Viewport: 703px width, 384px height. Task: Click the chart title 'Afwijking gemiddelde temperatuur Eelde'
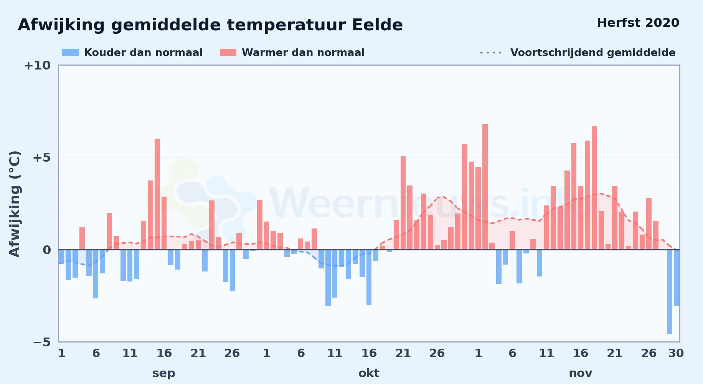coord(210,25)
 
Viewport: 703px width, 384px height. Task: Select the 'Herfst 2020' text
coord(638,23)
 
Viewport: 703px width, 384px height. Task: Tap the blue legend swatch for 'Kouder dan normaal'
coord(71,53)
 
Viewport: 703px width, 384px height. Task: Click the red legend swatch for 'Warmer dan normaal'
coord(228,53)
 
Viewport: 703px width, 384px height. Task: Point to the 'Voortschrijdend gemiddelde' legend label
coord(593,53)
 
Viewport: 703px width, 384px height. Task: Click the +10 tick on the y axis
coord(37,65)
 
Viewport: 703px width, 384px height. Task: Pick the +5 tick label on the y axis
coord(41,157)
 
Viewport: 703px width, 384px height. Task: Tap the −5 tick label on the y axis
coord(41,342)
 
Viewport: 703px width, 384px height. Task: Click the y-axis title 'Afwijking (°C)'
coord(15,204)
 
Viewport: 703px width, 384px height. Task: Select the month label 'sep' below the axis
coord(164,373)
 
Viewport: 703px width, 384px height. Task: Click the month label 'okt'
coord(369,373)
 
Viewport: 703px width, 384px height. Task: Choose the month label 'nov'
coord(580,373)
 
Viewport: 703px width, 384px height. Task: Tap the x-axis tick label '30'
coord(676,353)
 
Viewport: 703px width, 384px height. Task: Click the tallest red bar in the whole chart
coord(485,187)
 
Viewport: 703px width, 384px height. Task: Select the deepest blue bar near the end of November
coord(670,291)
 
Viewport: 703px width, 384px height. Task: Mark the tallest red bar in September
coord(157,194)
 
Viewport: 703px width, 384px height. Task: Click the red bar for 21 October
coord(403,203)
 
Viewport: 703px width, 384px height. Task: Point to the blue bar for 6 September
coord(96,274)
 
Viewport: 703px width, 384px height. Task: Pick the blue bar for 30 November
coord(676,278)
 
